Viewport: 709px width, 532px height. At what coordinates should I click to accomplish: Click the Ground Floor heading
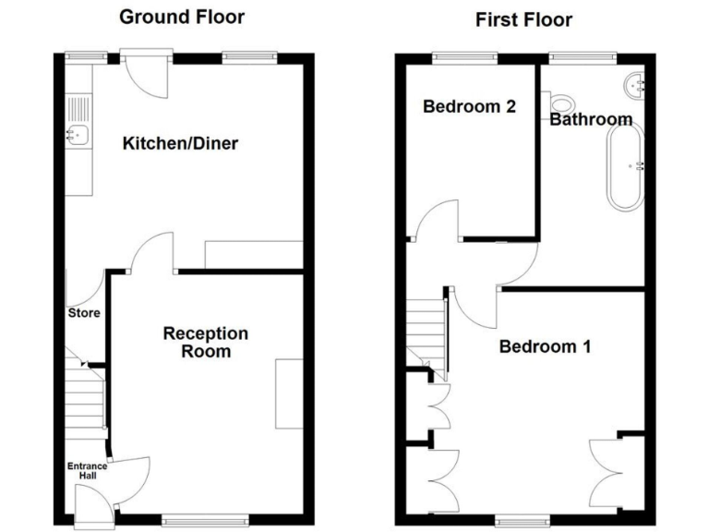tap(182, 17)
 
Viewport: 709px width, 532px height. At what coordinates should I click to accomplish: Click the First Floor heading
tap(523, 19)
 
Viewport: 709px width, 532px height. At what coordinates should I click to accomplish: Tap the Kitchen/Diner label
tap(180, 143)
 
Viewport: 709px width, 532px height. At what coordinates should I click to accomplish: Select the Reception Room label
tap(205, 342)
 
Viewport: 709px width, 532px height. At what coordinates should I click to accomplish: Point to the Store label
tap(83, 313)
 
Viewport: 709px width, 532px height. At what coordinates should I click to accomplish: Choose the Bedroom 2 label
tap(469, 106)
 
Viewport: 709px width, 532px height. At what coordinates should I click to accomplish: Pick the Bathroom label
tap(591, 119)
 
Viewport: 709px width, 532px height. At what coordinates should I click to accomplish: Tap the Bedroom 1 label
tap(545, 347)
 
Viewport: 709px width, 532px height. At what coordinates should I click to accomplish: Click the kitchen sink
tap(77, 135)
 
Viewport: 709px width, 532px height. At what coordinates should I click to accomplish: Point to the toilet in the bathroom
tap(561, 102)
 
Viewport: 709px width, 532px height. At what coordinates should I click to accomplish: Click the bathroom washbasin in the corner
tap(636, 85)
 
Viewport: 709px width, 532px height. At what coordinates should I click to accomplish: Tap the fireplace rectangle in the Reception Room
tap(289, 393)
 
